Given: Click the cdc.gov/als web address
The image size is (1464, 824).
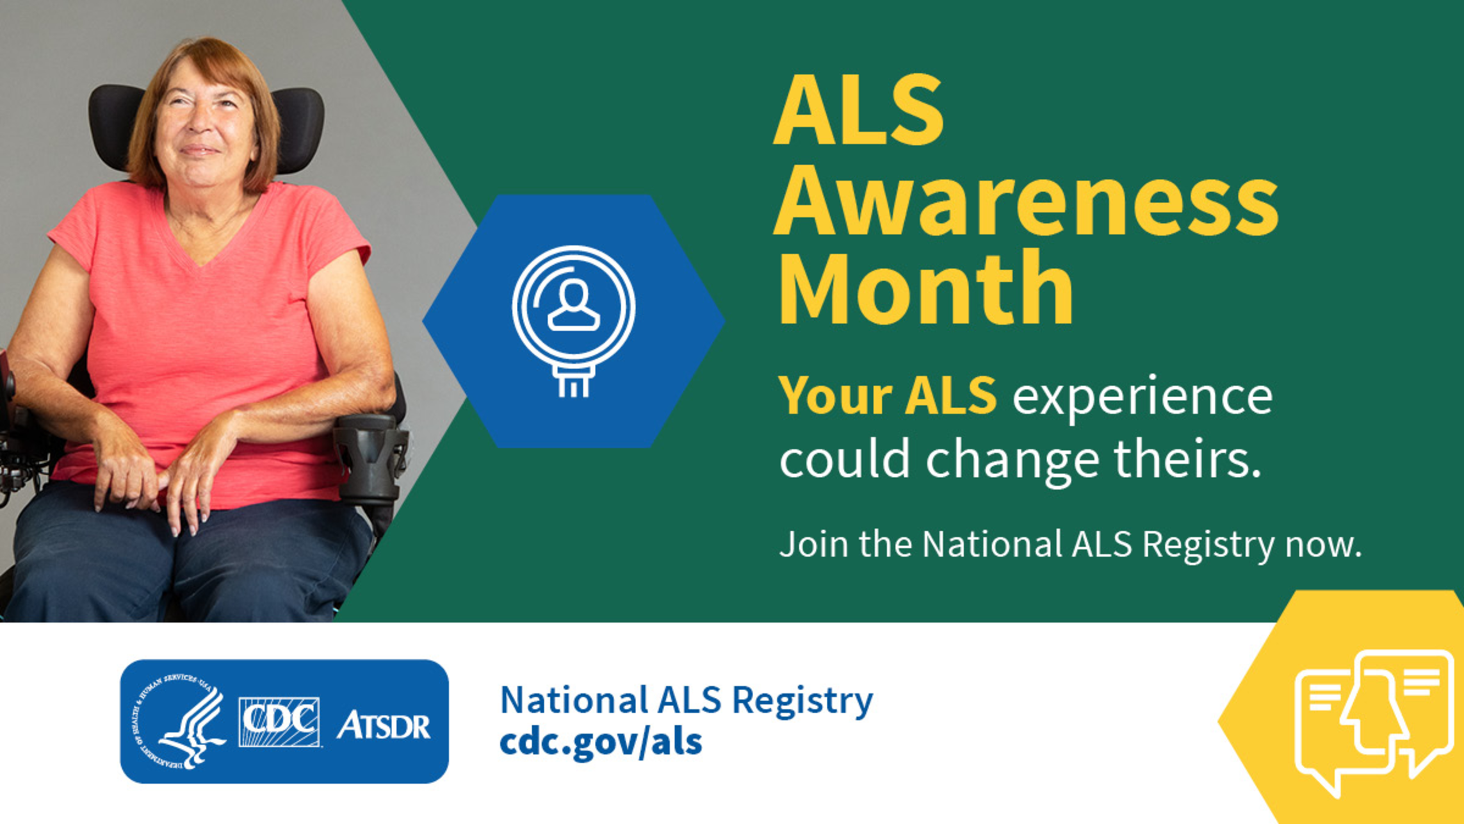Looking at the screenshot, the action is [x=601, y=742].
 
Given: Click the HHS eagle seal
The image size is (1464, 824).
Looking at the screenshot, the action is [x=181, y=721].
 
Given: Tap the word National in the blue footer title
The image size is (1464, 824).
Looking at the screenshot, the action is [x=573, y=700].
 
